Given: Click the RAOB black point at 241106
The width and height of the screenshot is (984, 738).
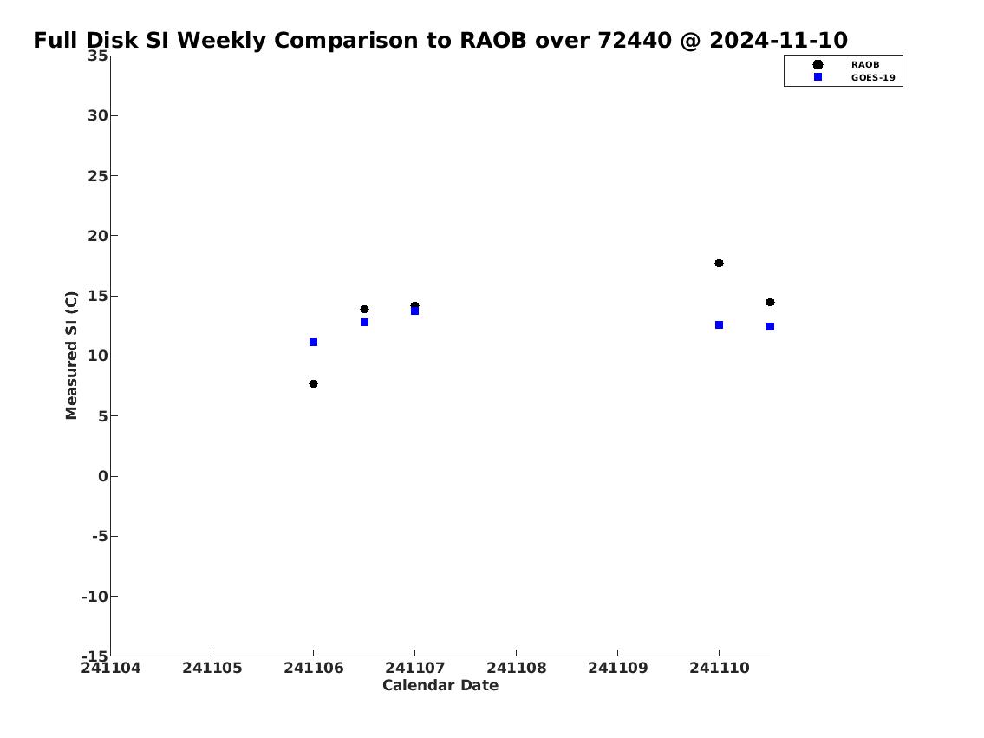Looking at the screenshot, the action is click(313, 383).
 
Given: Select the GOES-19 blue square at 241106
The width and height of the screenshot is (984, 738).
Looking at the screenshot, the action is click(313, 342).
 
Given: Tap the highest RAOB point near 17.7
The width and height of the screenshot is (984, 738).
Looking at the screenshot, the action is click(719, 263).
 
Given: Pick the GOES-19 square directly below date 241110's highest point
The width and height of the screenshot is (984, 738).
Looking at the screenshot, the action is click(719, 325).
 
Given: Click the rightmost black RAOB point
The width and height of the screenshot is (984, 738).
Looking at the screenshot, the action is click(770, 302).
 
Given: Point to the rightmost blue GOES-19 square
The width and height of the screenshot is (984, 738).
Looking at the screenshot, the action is click(770, 326).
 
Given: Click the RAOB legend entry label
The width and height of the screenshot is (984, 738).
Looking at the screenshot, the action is click(864, 65).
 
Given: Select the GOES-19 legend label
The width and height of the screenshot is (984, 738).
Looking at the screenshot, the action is click(873, 78).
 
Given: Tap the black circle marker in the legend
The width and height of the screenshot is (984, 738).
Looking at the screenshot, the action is click(818, 65).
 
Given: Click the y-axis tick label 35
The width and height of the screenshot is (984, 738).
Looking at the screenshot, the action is click(97, 56).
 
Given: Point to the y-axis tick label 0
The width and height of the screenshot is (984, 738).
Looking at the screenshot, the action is click(103, 476).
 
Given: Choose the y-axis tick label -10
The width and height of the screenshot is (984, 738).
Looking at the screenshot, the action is click(94, 596).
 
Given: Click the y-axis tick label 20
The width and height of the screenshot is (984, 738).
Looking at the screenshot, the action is click(97, 236).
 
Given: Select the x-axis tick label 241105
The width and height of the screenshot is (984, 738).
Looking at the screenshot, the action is click(212, 668).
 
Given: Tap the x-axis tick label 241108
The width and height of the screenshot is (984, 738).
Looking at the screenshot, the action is click(517, 668).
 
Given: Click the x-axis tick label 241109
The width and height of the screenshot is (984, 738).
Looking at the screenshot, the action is click(617, 668).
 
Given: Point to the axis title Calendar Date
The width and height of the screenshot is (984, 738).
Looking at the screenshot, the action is click(440, 685).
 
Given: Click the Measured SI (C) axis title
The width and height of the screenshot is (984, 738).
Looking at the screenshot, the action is click(72, 356).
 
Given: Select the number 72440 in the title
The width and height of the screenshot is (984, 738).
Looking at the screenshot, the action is click(635, 41).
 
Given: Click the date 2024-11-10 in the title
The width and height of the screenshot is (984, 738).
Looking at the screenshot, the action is click(779, 41).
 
